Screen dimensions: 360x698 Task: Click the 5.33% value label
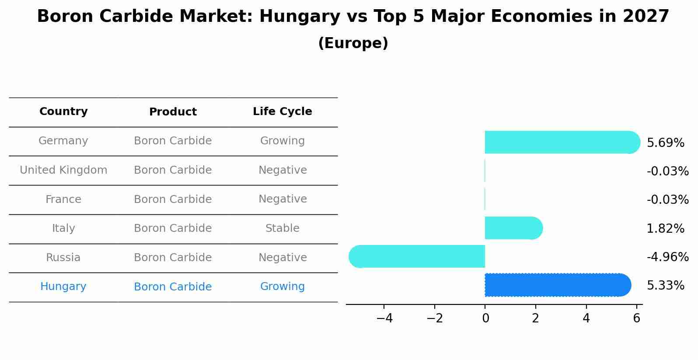[x=665, y=286]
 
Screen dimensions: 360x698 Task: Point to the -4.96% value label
[x=667, y=257]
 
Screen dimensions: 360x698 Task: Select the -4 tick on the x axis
[x=384, y=318]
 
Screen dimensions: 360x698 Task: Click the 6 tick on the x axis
[x=636, y=318]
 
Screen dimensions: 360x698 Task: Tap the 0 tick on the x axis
[x=485, y=318]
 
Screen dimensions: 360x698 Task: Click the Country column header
[x=63, y=112]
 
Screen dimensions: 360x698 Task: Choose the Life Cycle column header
[x=282, y=112]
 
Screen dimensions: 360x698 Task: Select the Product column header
[x=173, y=112]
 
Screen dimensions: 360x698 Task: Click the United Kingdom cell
[x=63, y=170]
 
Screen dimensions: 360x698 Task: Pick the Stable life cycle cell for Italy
[x=282, y=228]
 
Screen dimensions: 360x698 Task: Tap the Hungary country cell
[x=63, y=287]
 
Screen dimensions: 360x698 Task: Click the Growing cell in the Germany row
[x=282, y=141]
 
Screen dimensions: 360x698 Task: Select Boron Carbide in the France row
[x=173, y=199]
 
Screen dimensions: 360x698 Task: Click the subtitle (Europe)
[x=353, y=43]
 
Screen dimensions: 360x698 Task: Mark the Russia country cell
[x=63, y=258]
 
